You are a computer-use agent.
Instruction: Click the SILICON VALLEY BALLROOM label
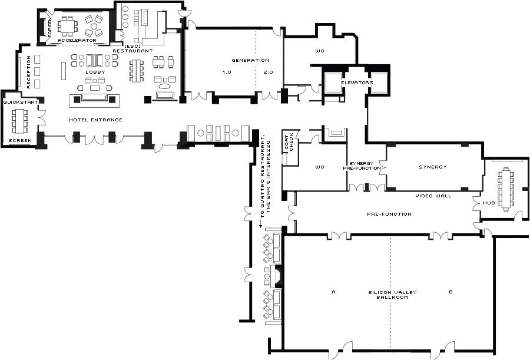tap(388, 295)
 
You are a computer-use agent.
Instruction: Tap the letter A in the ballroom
tap(333, 292)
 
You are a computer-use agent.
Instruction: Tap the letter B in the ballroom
tap(450, 292)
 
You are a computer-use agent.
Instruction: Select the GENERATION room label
tap(250, 60)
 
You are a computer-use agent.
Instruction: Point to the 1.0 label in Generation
tap(227, 72)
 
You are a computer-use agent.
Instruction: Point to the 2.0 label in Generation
tap(268, 72)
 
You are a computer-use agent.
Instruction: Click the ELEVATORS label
tap(356, 83)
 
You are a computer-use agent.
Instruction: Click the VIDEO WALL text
tap(433, 196)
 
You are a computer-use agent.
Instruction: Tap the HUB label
tap(489, 203)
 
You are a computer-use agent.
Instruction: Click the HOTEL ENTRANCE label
tap(95, 120)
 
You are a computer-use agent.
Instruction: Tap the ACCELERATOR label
tap(77, 40)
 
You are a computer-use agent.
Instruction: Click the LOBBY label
tap(95, 72)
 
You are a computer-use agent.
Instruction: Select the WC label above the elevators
tap(320, 51)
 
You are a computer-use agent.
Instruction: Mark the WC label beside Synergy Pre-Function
tap(320, 167)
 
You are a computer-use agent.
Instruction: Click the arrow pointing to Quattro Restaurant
tap(261, 224)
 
